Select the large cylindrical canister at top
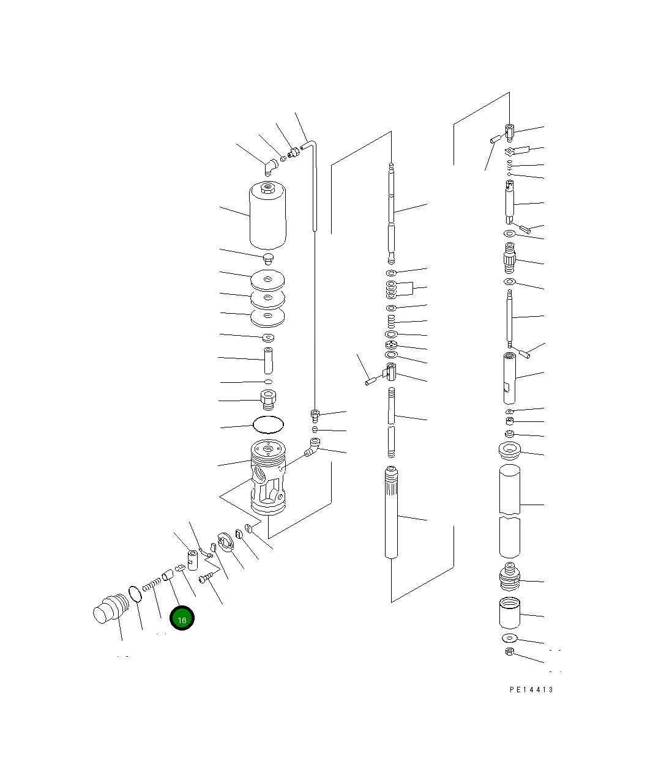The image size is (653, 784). [x=267, y=215]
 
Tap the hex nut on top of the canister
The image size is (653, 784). [x=267, y=187]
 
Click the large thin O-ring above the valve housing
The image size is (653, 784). [x=268, y=424]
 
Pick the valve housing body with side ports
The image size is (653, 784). [x=268, y=477]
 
